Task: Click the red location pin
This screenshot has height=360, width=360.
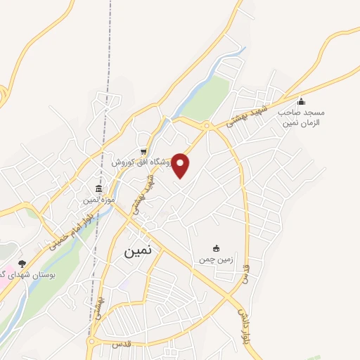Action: tap(181, 165)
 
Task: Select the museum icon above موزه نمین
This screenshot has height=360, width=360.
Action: tap(98, 189)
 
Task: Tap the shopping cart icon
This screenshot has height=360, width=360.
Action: tap(143, 151)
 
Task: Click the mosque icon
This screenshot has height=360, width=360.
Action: tap(302, 101)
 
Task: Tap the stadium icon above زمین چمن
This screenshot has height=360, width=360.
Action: tap(216, 247)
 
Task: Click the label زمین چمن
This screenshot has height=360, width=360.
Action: tap(215, 259)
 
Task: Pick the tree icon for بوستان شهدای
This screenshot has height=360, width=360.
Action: tap(22, 262)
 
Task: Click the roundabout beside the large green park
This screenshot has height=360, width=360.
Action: tap(207, 126)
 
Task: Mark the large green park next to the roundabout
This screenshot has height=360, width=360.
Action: tap(207, 99)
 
